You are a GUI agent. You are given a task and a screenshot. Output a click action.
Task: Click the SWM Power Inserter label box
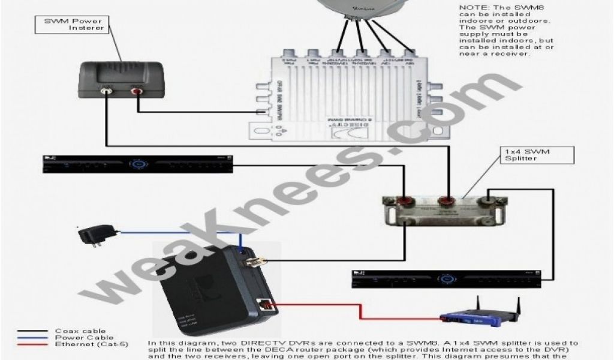[x=74, y=24]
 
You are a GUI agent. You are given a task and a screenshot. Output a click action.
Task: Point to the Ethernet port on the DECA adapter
[x=264, y=305]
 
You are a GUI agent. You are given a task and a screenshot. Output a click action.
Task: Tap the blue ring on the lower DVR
[x=446, y=278]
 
